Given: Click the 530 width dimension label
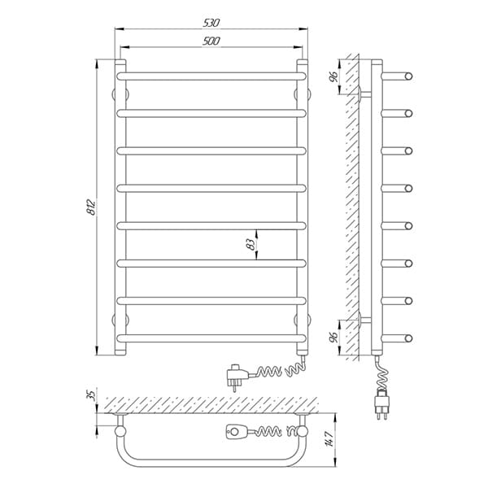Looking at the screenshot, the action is coord(211,23).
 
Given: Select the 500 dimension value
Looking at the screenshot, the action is coord(211,41).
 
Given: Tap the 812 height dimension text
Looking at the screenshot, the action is coord(91,207).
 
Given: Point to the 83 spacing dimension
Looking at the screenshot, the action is coord(251,245).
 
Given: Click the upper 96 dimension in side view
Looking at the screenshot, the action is coord(333,76).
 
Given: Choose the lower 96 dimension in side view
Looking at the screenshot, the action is coord(333,337).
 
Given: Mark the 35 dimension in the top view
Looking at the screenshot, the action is coord(92,395).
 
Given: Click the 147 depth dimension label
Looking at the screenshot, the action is coord(330,438).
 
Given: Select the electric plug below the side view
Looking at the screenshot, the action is coord(382,403).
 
